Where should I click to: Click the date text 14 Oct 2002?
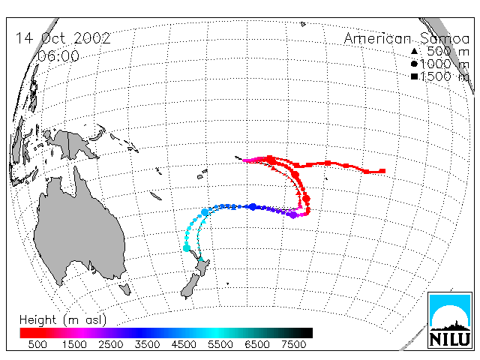[x=63, y=38]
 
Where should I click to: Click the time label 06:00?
[x=58, y=56]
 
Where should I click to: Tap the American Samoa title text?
[x=406, y=38]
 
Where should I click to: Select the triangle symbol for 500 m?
[x=414, y=51]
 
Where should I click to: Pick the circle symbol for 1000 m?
[x=414, y=64]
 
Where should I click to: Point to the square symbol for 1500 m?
[x=414, y=76]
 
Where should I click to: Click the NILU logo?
[x=450, y=320]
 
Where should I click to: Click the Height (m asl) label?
[x=63, y=320]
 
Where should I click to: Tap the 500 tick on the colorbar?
[x=37, y=345]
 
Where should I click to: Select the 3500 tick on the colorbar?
[x=147, y=345]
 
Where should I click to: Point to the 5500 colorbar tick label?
[x=220, y=345]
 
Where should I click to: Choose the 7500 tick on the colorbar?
[x=293, y=345]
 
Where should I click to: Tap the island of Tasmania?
[x=125, y=289]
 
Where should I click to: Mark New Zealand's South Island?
[x=190, y=286]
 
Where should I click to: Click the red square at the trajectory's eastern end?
[x=382, y=171]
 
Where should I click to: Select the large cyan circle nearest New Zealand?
[x=187, y=248]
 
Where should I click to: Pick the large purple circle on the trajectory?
[x=293, y=215]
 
